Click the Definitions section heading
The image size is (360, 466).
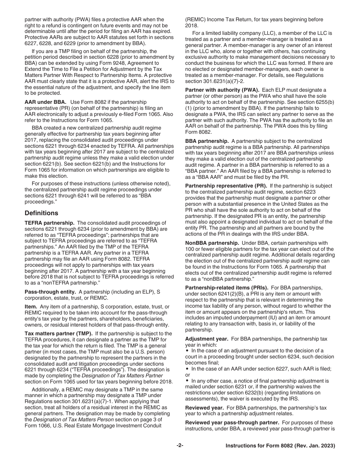click(x=41, y=213)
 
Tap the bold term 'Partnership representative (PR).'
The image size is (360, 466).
click(x=226, y=186)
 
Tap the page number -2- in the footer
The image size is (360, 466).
click(x=180, y=446)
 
